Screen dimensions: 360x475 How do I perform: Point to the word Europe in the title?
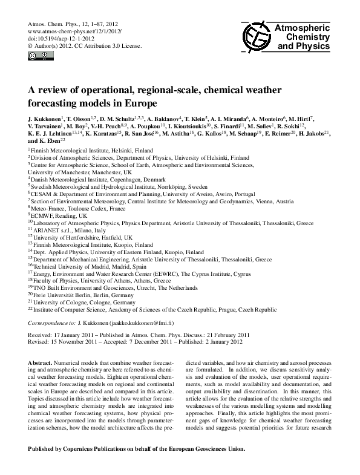[x=139, y=103]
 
